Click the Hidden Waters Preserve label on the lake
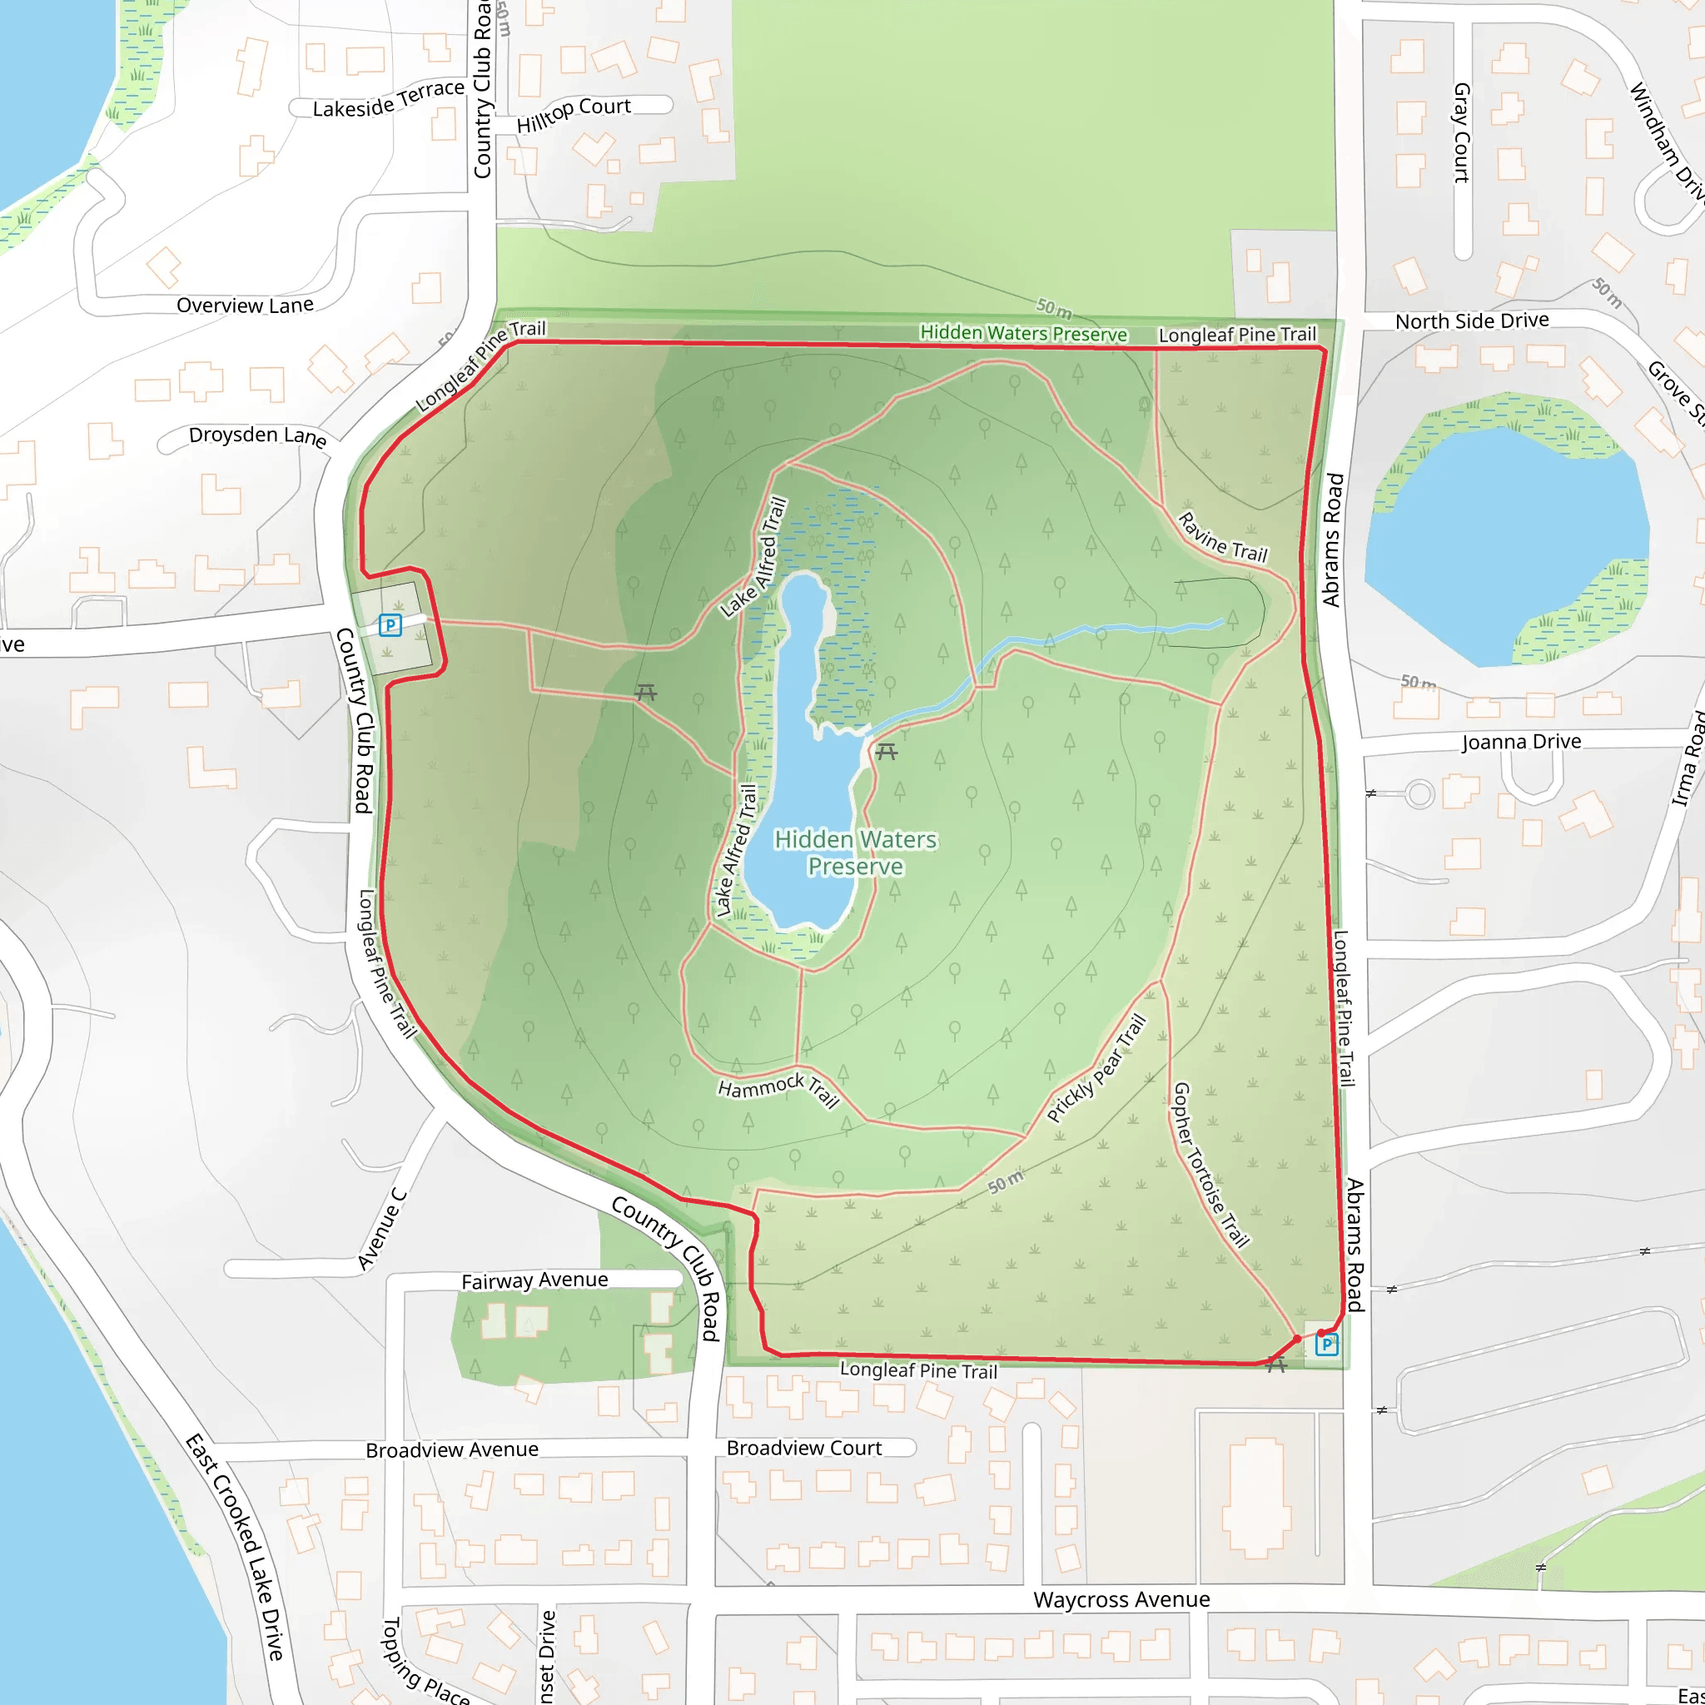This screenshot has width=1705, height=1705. (855, 852)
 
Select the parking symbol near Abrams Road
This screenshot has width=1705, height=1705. (1326, 1344)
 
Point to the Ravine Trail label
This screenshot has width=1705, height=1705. (1223, 538)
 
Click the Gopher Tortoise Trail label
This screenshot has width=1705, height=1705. (1210, 1165)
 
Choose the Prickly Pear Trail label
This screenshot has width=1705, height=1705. (1097, 1069)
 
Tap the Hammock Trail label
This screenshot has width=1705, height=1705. (778, 1089)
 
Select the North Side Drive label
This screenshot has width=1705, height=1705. (1471, 321)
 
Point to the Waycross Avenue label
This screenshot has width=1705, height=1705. (1121, 1599)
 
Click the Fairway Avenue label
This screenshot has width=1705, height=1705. (534, 1280)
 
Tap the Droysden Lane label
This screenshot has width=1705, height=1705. (256, 435)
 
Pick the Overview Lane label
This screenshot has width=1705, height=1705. (245, 306)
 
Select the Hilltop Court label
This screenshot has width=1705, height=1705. (574, 114)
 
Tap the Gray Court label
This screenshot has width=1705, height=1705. (1462, 132)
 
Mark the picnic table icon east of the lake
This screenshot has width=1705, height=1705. (886, 751)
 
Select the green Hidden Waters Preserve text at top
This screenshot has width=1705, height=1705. (1023, 334)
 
